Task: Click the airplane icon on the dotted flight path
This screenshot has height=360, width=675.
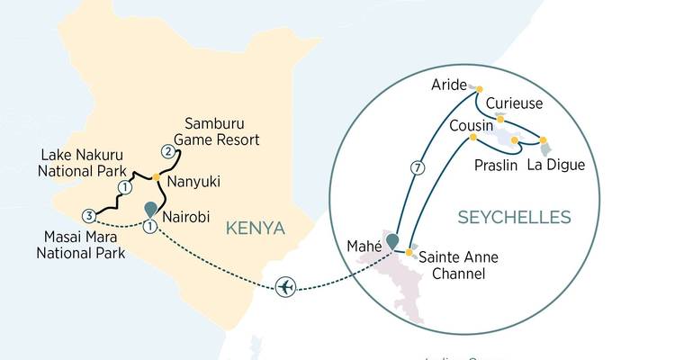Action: pos(286,286)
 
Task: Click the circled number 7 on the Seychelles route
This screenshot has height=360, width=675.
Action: pos(416,167)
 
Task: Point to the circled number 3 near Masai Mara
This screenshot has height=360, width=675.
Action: pos(87,215)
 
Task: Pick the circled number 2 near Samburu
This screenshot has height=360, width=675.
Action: pos(166,150)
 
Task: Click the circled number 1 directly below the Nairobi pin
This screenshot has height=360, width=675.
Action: pos(149,226)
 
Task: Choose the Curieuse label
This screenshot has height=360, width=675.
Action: pos(514,103)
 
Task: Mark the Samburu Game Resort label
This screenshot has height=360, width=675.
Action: pos(221,130)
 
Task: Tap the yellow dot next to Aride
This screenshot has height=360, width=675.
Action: pos(479,88)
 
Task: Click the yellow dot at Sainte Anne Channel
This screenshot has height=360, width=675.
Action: pos(409,253)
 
